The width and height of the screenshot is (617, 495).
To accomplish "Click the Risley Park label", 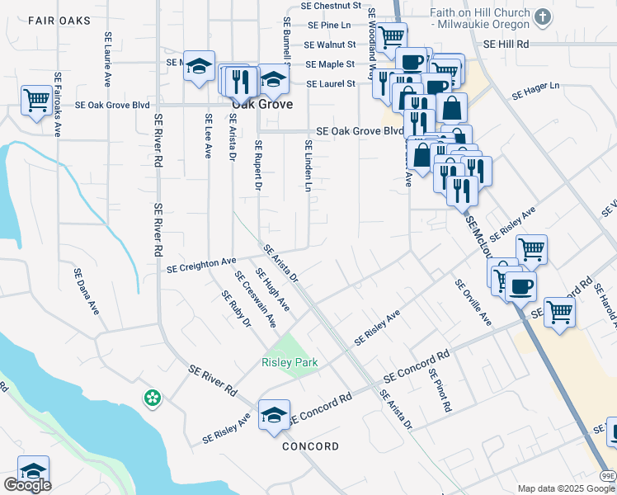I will tap(290, 362).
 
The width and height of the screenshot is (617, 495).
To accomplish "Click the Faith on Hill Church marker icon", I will tap(543, 16).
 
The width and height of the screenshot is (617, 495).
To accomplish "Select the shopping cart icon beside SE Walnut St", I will tap(392, 35).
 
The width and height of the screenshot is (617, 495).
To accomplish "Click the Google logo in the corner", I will tap(26, 485).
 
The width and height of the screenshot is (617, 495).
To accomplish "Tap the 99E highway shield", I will tap(607, 475).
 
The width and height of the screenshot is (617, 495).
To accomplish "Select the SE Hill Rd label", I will tap(506, 44).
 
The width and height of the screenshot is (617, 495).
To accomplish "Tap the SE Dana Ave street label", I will tap(86, 291).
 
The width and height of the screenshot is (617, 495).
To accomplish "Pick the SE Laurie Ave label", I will tap(107, 59).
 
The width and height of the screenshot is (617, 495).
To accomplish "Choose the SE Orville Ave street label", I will tap(473, 302).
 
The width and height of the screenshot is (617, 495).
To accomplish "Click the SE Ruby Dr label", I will tap(234, 308).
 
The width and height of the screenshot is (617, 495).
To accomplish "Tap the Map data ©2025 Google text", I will tap(566, 488).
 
